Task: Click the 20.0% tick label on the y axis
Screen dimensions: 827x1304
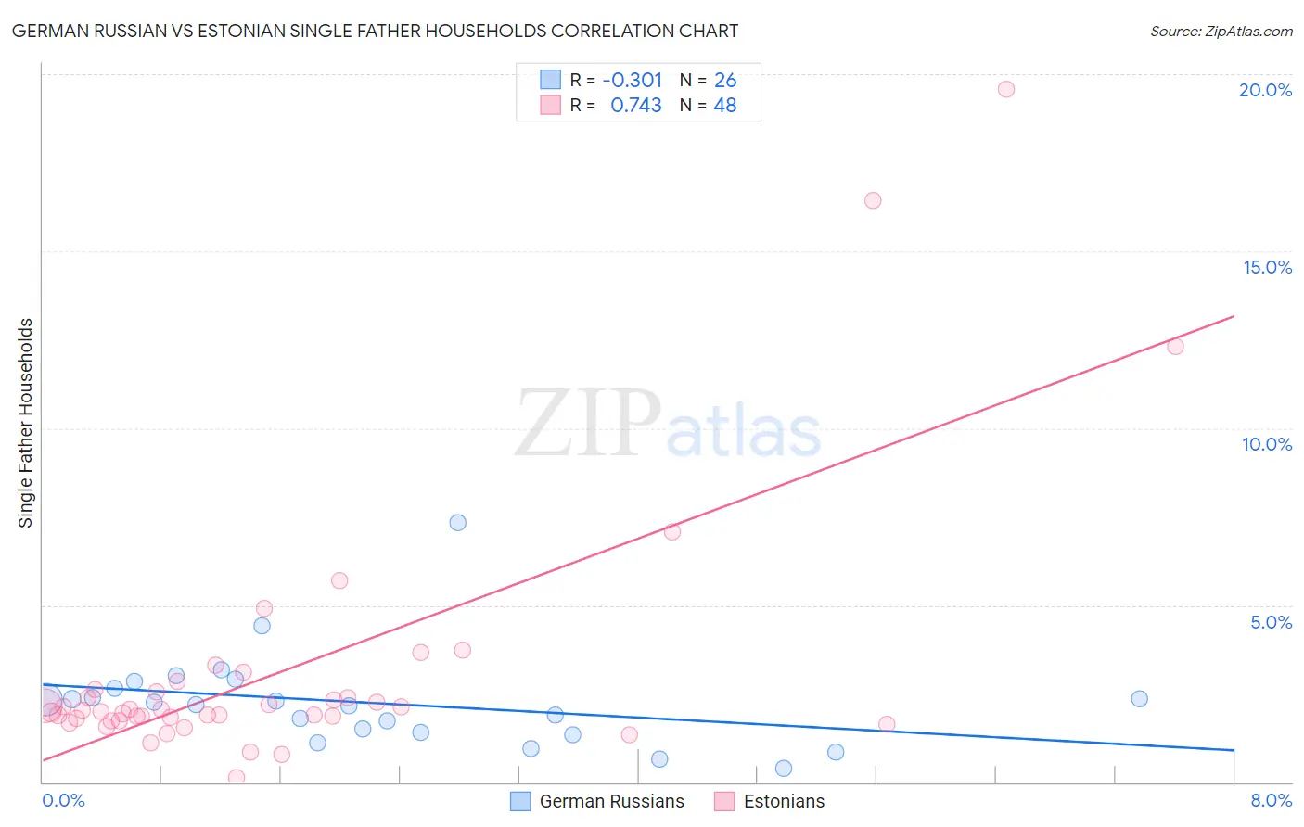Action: click(1265, 90)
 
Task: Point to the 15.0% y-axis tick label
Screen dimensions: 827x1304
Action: click(1267, 267)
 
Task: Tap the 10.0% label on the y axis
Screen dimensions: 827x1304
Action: click(1267, 444)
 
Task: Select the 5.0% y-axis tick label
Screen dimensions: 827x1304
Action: click(1271, 622)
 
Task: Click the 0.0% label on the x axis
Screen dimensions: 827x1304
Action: click(63, 800)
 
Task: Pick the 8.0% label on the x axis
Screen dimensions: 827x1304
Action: click(1271, 800)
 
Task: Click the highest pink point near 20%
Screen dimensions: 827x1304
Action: click(1006, 89)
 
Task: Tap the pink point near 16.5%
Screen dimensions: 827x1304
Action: click(873, 200)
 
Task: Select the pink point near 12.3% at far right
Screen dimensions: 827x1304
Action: click(1175, 347)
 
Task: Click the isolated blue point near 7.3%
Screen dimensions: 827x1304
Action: click(457, 523)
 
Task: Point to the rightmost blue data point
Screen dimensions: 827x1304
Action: click(1140, 699)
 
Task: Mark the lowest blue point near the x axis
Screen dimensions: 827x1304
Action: click(784, 769)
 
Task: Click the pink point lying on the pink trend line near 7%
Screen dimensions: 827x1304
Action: click(672, 532)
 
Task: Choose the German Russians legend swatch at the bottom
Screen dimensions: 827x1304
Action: click(520, 801)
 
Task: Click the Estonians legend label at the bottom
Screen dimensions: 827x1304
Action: click(784, 801)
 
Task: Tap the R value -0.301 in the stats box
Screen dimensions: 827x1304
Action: click(633, 81)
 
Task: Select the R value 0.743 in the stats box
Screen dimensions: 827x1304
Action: click(635, 106)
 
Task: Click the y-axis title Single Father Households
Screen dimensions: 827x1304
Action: click(26, 423)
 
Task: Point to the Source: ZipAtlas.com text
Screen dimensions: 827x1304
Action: click(1221, 32)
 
